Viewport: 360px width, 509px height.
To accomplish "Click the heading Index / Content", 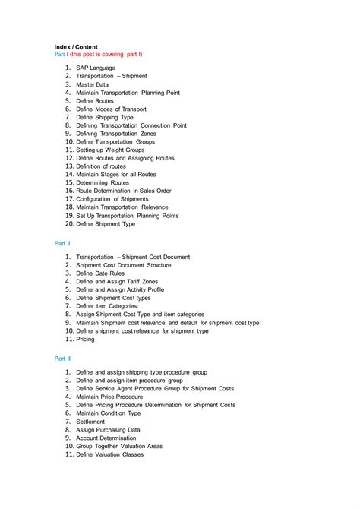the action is tap(76, 46).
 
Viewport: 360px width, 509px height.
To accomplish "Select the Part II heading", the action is tap(62, 243).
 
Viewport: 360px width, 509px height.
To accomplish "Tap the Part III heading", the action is tap(63, 357).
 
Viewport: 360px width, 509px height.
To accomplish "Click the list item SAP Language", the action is tap(96, 68).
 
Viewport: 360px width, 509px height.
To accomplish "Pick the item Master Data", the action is tap(92, 84).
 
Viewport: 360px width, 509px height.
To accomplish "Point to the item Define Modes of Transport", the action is tap(111, 109).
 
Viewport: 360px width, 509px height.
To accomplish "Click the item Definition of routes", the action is tap(101, 166).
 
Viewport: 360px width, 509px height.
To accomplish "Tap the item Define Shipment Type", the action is tap(106, 224).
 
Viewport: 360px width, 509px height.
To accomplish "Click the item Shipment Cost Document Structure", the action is tap(123, 265).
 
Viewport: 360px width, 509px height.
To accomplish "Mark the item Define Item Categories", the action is tap(112, 306).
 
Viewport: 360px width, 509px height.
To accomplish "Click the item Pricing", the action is tap(86, 339).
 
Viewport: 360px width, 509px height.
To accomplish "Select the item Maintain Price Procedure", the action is tap(109, 397).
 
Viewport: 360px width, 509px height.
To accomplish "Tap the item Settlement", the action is tap(90, 421).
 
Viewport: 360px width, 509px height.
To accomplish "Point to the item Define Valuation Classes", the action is tap(109, 454).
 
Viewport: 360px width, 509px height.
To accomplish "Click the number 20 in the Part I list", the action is tap(68, 224).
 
